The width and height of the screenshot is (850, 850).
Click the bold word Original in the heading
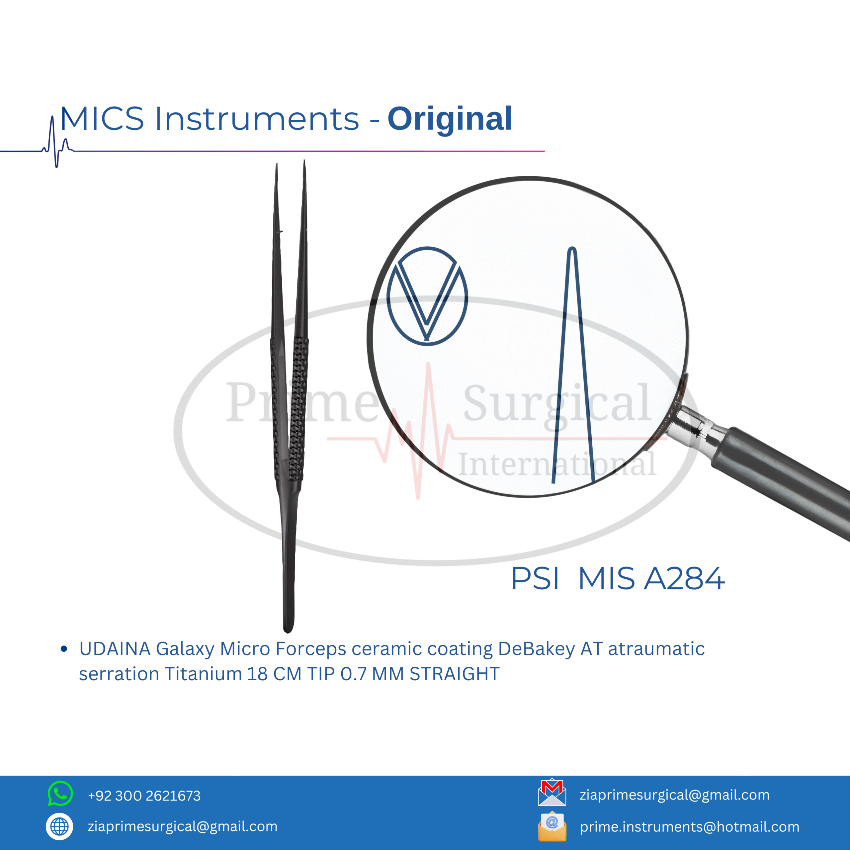click(450, 119)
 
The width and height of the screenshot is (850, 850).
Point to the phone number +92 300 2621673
click(144, 796)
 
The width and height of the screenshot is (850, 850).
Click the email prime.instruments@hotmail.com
click(689, 827)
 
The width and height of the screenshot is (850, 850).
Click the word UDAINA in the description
click(115, 649)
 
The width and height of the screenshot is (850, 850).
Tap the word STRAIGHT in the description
click(455, 674)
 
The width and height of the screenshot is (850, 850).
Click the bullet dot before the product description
click(64, 649)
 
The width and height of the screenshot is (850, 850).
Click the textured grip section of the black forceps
click(290, 409)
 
